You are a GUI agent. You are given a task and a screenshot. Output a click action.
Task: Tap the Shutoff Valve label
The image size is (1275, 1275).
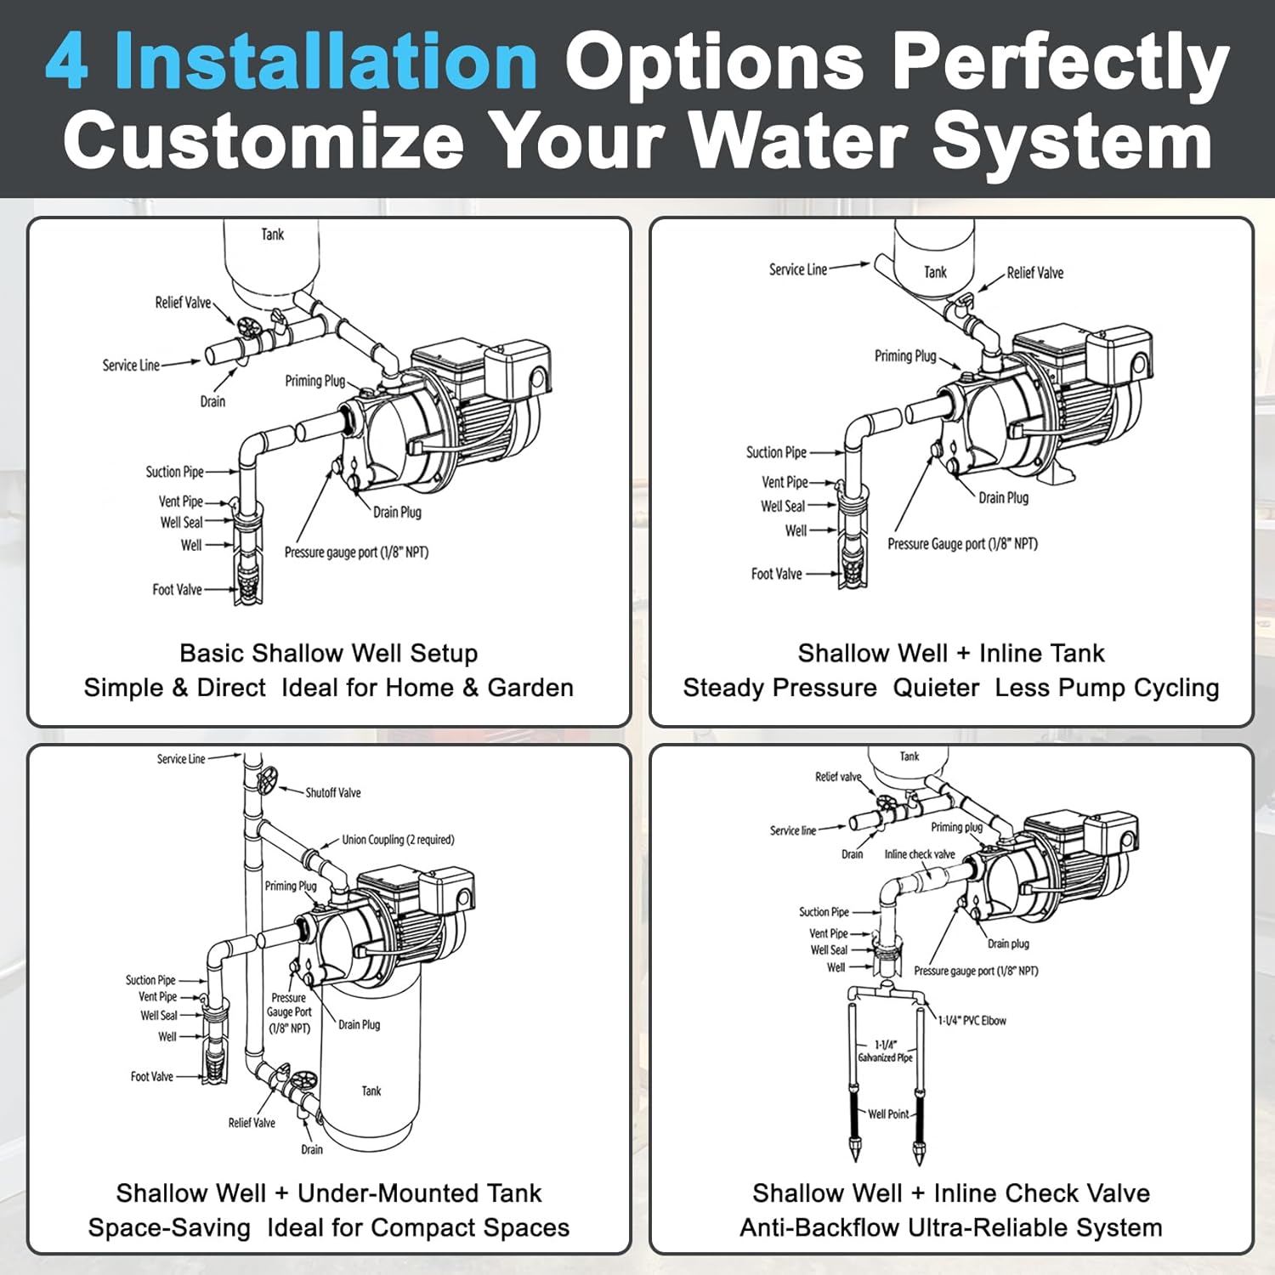332,793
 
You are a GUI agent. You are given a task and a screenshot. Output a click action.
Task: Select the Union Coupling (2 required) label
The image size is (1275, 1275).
398,840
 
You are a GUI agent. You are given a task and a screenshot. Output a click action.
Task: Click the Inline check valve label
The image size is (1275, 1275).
919,854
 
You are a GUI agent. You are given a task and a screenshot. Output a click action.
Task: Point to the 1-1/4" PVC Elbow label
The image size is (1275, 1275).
972,1021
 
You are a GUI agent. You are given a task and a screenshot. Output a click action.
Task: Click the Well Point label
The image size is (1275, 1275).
887,1114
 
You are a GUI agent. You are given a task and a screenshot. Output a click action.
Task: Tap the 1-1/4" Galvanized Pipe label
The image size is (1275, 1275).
885,1051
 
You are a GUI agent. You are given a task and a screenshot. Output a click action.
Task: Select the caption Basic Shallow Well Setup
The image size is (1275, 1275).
328,653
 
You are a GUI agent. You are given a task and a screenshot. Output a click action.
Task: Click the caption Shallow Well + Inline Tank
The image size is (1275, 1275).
950,653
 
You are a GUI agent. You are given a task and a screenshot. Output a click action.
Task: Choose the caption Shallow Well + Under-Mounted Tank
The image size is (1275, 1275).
328,1193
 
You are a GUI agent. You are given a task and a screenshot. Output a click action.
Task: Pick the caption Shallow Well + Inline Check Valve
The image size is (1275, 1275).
950,1193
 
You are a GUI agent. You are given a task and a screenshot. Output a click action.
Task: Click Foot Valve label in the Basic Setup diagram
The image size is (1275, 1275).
177,590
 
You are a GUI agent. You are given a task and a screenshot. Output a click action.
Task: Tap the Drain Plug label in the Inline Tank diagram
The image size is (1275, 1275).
1003,498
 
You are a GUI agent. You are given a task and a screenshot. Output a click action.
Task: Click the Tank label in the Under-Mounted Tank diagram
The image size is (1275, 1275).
371,1091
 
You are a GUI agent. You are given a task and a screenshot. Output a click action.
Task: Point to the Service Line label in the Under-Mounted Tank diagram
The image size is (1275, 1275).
180,759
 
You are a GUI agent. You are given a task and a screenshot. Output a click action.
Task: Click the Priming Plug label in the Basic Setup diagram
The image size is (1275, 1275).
314,381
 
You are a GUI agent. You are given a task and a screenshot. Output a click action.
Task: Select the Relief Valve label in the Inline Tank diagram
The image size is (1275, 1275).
1034,273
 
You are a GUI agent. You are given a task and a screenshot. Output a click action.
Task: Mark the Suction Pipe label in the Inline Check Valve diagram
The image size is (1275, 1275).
823,912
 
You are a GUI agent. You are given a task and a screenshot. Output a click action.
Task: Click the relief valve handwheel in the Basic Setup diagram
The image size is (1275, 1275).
248,328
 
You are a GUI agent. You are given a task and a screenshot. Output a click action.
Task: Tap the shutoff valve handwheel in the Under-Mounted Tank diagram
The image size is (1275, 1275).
268,779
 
